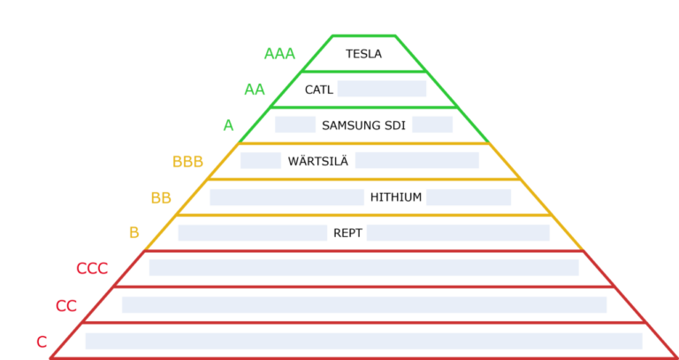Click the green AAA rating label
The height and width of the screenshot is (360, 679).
[279, 54]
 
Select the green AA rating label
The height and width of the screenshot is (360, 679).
[255, 89]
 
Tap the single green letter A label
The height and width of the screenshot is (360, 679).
[228, 126]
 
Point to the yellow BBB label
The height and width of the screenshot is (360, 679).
[187, 162]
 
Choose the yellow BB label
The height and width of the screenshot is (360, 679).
[161, 198]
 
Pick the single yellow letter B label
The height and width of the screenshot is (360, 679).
[134, 233]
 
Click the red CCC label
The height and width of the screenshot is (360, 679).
[92, 269]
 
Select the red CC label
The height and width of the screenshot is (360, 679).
[66, 306]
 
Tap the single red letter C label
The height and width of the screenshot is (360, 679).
[42, 342]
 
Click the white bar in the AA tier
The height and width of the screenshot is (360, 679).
[382, 88]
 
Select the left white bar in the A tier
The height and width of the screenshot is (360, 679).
[295, 124]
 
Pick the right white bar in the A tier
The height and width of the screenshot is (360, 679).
[432, 124]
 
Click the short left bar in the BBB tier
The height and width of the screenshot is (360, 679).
[261, 160]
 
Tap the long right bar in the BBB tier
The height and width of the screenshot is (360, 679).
[417, 160]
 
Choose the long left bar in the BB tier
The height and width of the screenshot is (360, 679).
[286, 197]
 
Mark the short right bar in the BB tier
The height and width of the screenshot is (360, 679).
[469, 197]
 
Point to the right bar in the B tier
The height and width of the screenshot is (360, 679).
[458, 233]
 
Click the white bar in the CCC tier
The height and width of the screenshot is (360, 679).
[364, 267]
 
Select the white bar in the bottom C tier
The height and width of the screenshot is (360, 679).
[363, 341]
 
